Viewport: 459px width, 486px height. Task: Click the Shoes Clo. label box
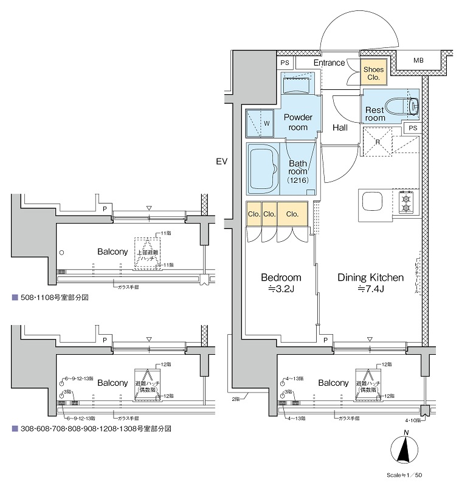pos(373,74)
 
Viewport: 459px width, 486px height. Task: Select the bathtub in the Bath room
pos(264,168)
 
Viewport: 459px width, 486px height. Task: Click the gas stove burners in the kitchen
pos(406,202)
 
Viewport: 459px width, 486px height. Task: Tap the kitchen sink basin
pos(372,202)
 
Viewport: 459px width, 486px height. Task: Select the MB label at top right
pos(418,61)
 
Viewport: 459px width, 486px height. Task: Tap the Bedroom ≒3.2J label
pos(280,282)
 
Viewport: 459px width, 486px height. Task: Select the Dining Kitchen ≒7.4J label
pos(370,282)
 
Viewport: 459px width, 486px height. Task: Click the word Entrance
pos(329,63)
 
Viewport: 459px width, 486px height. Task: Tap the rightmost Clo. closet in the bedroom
pos(292,214)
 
